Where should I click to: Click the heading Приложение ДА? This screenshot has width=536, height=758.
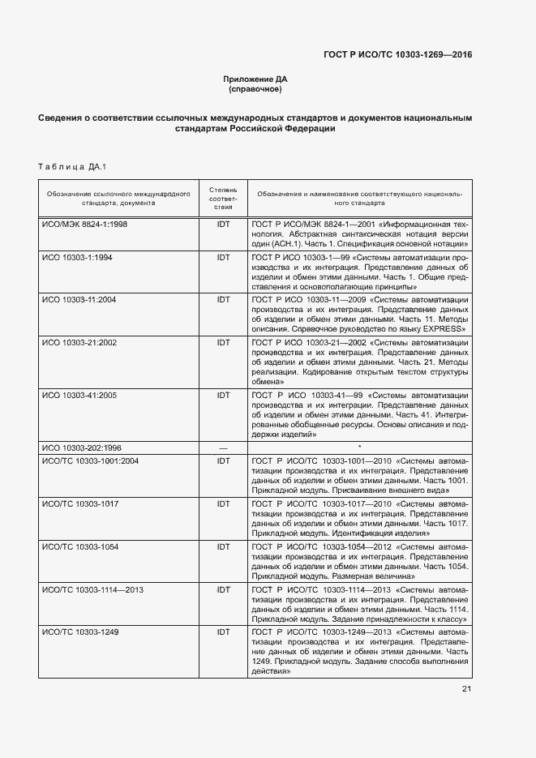pyautogui.click(x=255, y=79)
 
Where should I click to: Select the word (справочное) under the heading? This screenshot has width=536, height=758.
pyautogui.click(x=255, y=89)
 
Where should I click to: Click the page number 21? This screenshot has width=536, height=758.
pyautogui.click(x=466, y=689)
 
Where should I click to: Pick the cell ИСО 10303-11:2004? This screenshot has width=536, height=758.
pyautogui.click(x=79, y=299)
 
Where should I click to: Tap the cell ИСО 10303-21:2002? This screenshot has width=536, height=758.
pyautogui.click(x=79, y=343)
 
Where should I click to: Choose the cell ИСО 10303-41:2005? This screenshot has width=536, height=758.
pyautogui.click(x=79, y=395)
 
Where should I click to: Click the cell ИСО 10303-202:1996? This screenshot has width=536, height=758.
pyautogui.click(x=82, y=448)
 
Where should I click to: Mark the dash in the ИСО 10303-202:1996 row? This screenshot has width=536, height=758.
pyautogui.click(x=223, y=448)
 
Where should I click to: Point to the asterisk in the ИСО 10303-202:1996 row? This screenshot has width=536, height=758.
pyautogui.click(x=359, y=447)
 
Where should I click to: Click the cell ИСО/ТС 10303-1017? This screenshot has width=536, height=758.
pyautogui.click(x=80, y=503)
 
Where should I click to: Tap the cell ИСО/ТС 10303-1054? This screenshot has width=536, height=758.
pyautogui.click(x=80, y=547)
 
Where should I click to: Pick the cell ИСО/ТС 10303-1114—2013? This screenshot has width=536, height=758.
pyautogui.click(x=92, y=589)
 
